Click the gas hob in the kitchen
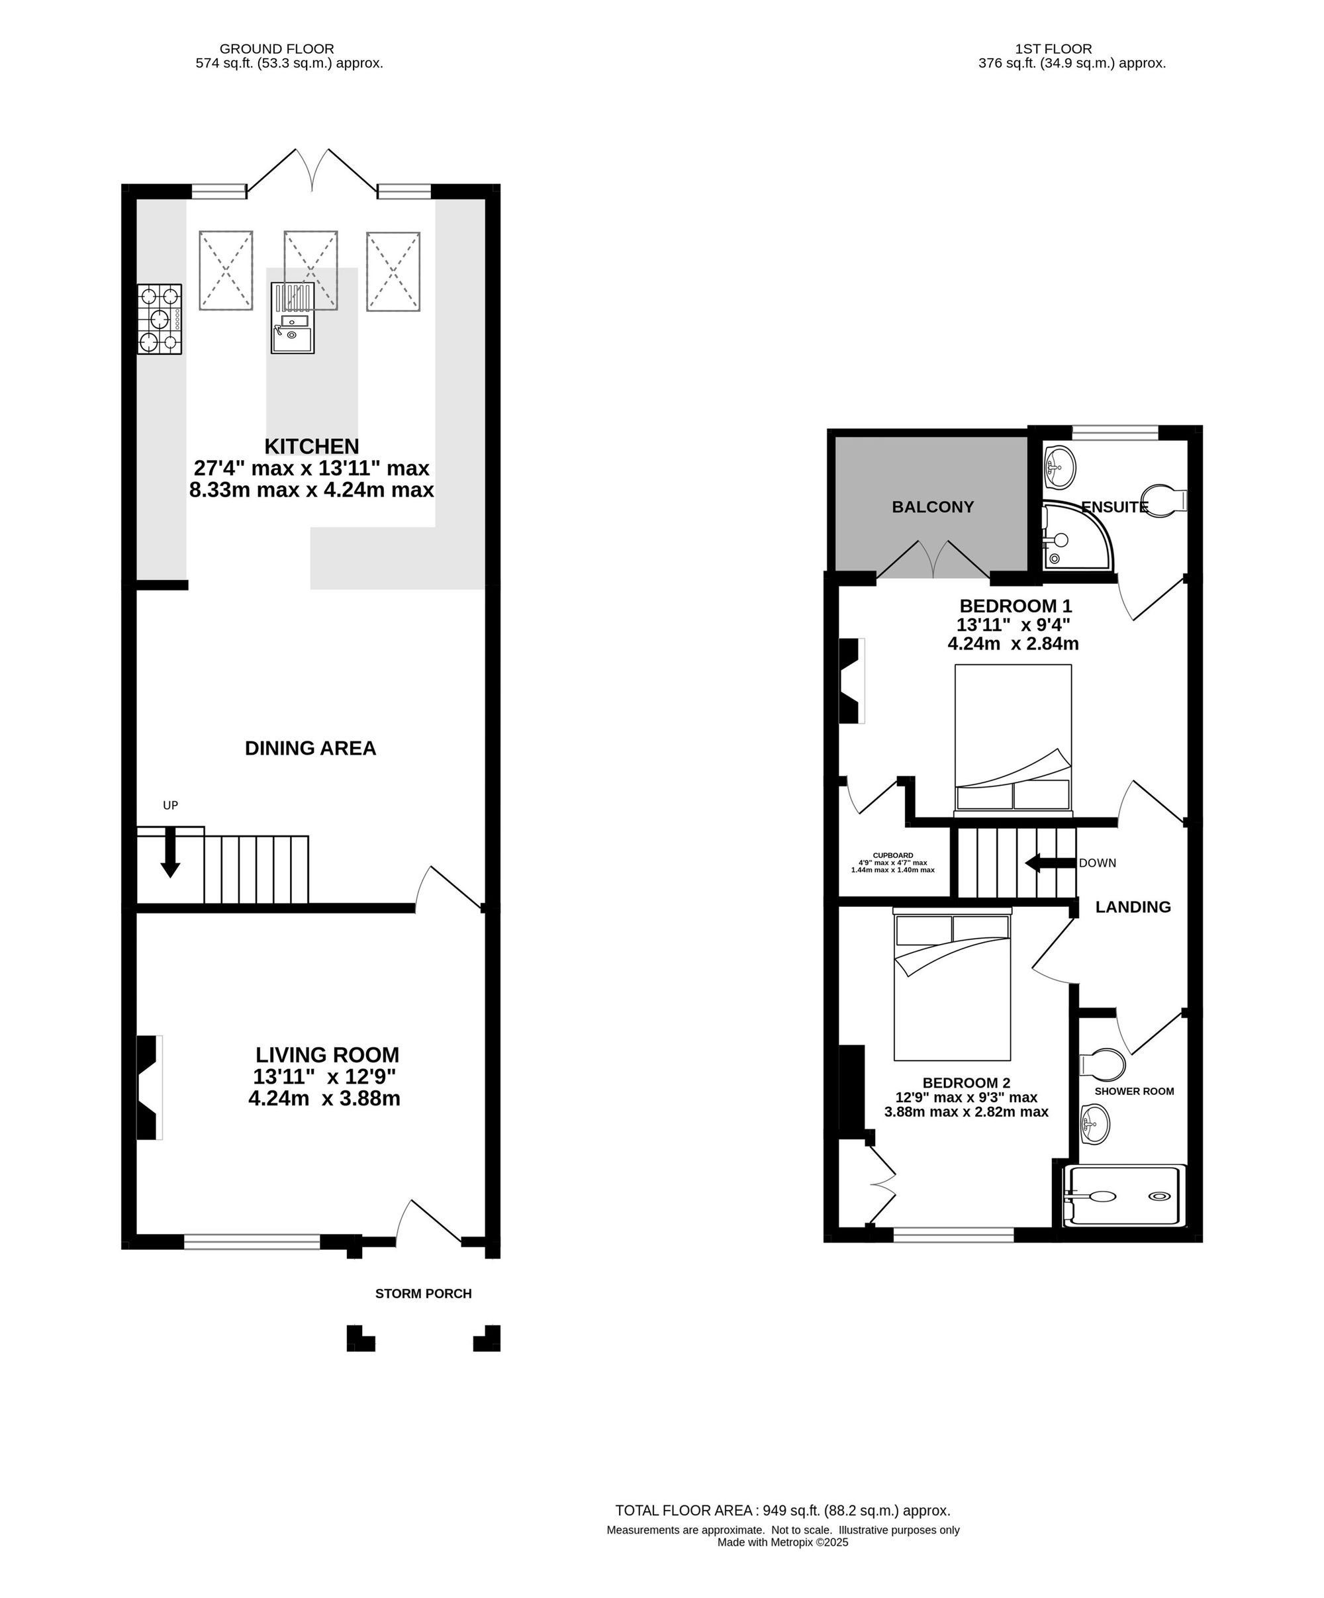coord(160,319)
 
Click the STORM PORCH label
coord(423,1293)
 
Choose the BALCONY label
coord(933,507)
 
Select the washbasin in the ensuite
coord(1060,468)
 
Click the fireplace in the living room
coord(149,1088)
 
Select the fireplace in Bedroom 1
coord(851,681)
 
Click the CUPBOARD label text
coord(892,855)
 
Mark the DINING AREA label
coord(310,748)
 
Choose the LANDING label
coord(1133,906)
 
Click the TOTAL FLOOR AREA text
coord(783,1511)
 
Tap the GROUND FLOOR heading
coord(277,49)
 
